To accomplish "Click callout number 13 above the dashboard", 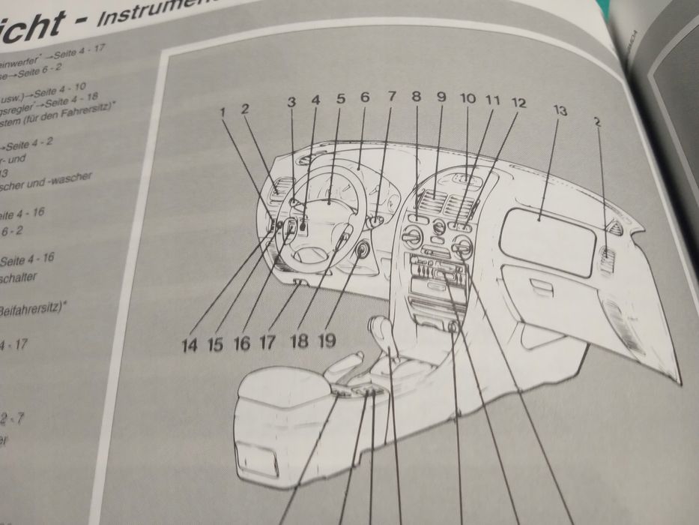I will point(560,111).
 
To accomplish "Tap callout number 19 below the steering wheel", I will point(326,342).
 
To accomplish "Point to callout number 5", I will point(340,98).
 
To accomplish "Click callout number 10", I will point(467,98).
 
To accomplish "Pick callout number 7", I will point(390,97).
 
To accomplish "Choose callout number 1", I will point(223,112).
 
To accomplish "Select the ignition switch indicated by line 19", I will point(362,250).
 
